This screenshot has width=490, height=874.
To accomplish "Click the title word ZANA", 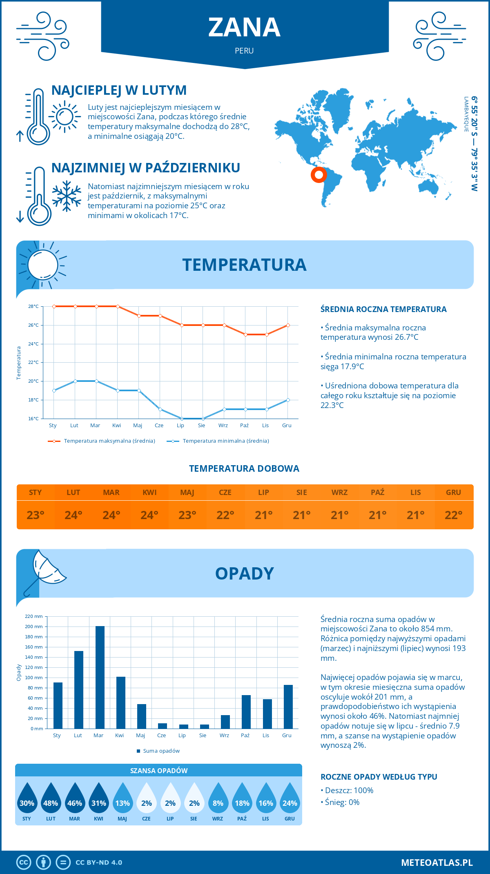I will pyautogui.click(x=244, y=28).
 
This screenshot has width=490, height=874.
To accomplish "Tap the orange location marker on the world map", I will pyautogui.click(x=318, y=175).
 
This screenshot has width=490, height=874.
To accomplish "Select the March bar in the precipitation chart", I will pyautogui.click(x=100, y=677).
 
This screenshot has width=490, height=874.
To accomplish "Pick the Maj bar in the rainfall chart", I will pyautogui.click(x=142, y=716).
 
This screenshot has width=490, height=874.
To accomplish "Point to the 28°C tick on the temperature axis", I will pyautogui.click(x=33, y=306).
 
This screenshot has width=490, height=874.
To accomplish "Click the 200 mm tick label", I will pyautogui.click(x=34, y=627).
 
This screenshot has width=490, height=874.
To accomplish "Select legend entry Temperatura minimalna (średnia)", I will pyautogui.click(x=225, y=441).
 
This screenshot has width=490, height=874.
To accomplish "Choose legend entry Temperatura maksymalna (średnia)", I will pyautogui.click(x=109, y=441).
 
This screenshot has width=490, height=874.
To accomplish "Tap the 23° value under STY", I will pyautogui.click(x=36, y=515).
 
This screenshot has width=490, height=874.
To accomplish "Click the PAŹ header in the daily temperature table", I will pyautogui.click(x=377, y=493).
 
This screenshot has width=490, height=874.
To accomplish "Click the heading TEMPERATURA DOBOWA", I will pyautogui.click(x=244, y=469).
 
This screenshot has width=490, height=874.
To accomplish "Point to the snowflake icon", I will pyautogui.click(x=67, y=196).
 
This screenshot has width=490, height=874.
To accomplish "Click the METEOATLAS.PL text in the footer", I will pyautogui.click(x=437, y=863).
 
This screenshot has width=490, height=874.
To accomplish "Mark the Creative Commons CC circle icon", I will pyautogui.click(x=24, y=863).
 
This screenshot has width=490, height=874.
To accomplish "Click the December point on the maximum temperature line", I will pyautogui.click(x=288, y=325).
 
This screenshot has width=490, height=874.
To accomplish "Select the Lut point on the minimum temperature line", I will pyautogui.click(x=75, y=381).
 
